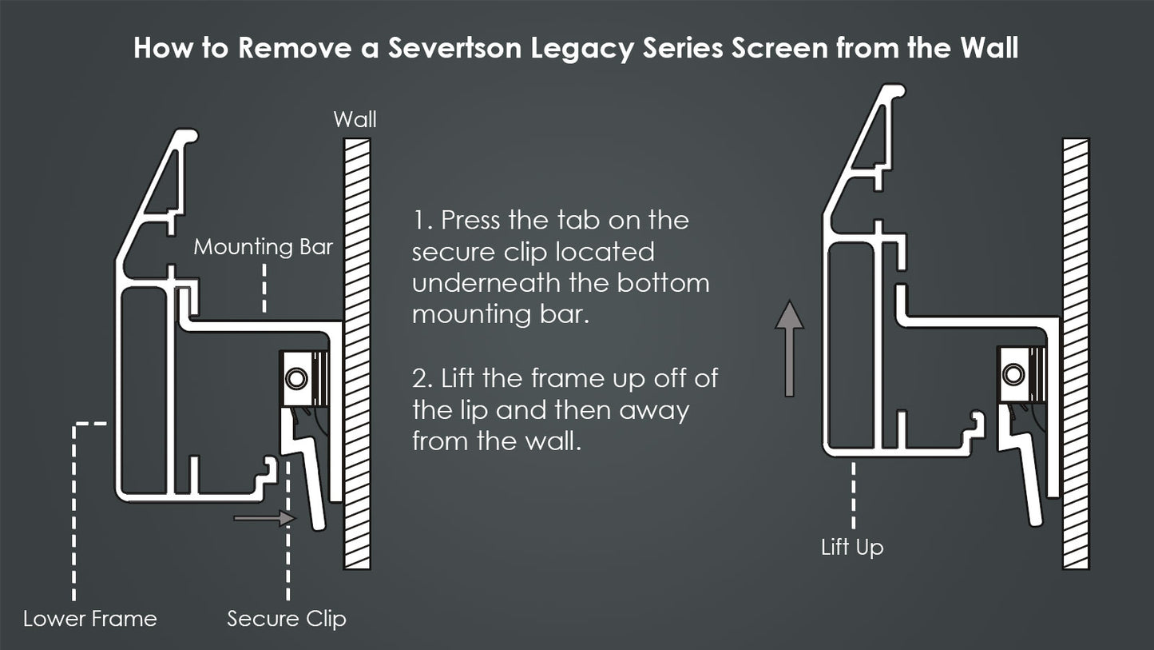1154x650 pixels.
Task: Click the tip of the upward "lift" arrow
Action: (x=789, y=301)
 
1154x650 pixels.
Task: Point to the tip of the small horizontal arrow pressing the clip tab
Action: (x=297, y=518)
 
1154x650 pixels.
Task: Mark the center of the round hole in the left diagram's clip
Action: (x=296, y=379)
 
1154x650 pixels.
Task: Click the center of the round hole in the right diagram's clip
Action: (x=1013, y=374)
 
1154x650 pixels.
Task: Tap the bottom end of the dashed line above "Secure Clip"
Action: (x=288, y=600)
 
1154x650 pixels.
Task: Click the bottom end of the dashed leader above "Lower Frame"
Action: (x=74, y=600)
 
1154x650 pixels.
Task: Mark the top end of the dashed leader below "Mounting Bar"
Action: (x=264, y=265)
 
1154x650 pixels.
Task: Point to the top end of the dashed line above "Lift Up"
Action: (x=853, y=463)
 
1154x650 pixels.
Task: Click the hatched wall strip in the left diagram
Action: (x=357, y=354)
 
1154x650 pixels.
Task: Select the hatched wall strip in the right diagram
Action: (x=1076, y=354)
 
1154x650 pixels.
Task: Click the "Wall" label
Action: (x=355, y=119)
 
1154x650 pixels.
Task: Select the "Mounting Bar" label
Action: (x=264, y=246)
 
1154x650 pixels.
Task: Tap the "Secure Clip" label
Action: (x=287, y=619)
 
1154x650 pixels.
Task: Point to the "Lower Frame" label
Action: (x=90, y=619)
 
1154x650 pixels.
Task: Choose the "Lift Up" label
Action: (x=852, y=548)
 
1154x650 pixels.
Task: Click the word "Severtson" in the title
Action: (x=455, y=47)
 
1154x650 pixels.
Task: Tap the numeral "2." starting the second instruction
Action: (x=423, y=378)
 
